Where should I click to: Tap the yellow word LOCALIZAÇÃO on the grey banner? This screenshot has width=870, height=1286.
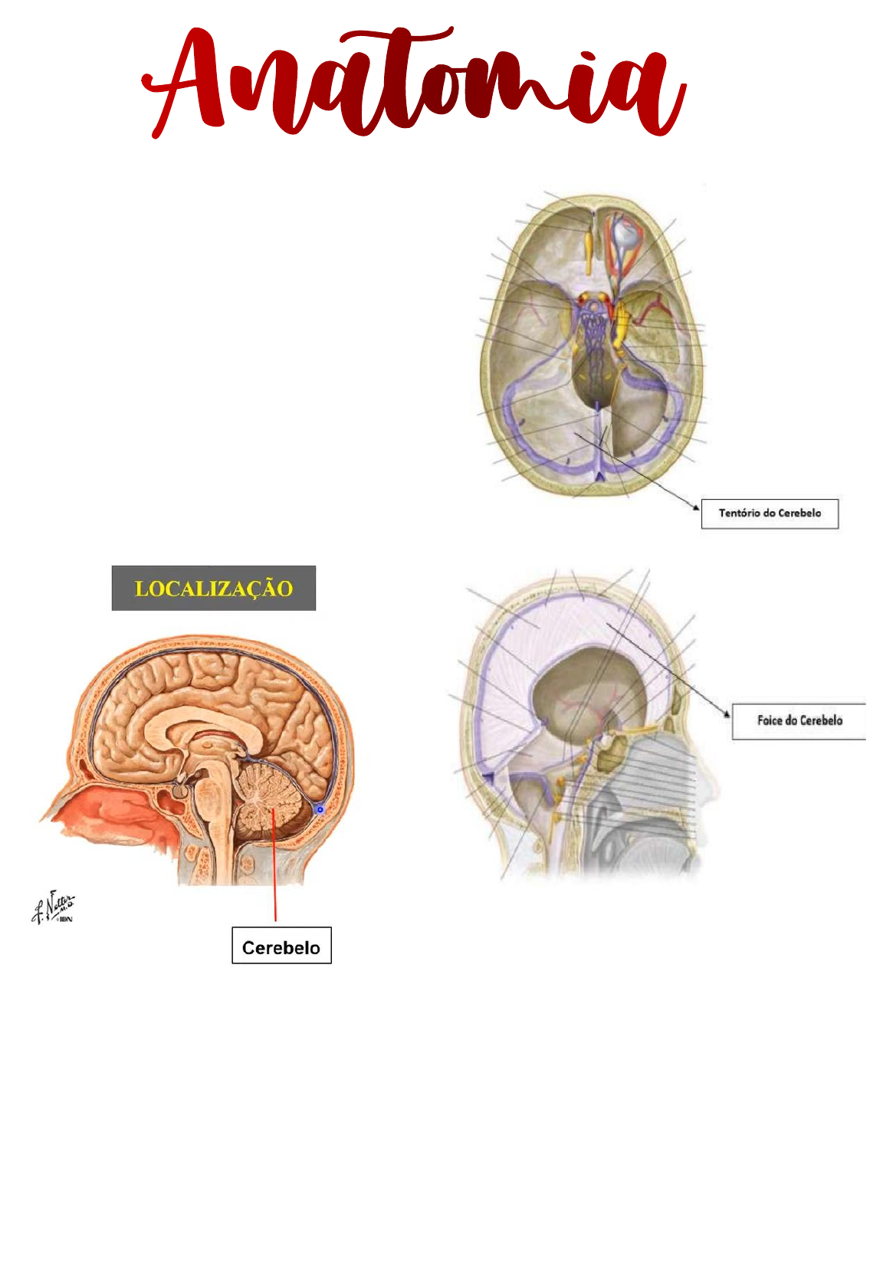[x=214, y=589]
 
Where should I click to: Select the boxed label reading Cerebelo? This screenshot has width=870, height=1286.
[x=281, y=947]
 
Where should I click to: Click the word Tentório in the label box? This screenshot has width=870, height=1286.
[x=740, y=513]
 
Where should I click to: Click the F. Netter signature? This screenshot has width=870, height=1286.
[x=54, y=907]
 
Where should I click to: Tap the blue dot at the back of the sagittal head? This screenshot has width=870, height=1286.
[x=320, y=809]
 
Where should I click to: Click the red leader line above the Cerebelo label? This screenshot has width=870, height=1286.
[x=274, y=866]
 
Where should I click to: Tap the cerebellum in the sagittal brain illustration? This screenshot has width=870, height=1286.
[x=268, y=801]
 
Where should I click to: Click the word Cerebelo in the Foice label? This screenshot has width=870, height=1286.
[x=821, y=720]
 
